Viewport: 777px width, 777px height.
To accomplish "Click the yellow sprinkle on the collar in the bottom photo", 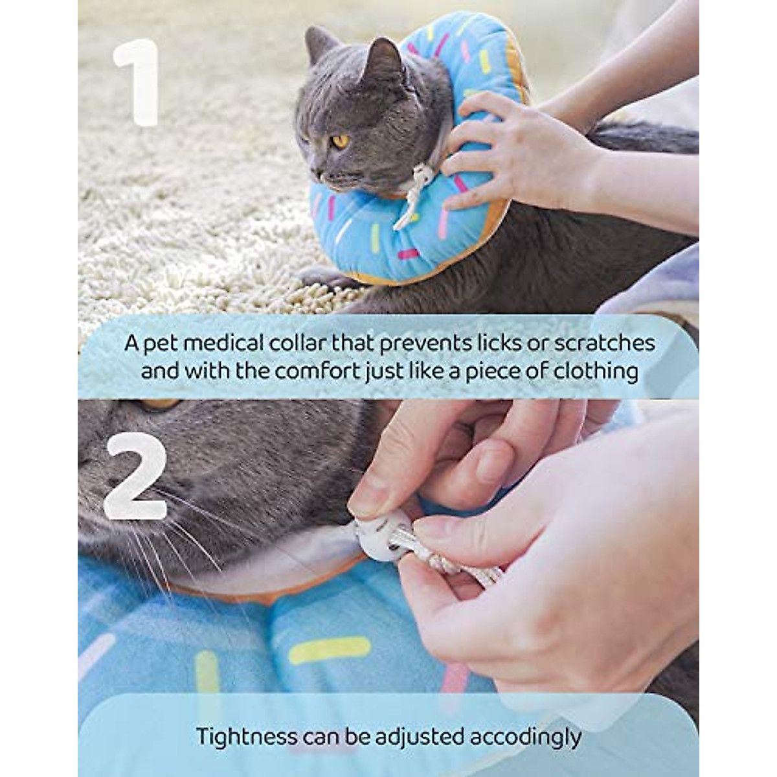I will (x=330, y=649).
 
